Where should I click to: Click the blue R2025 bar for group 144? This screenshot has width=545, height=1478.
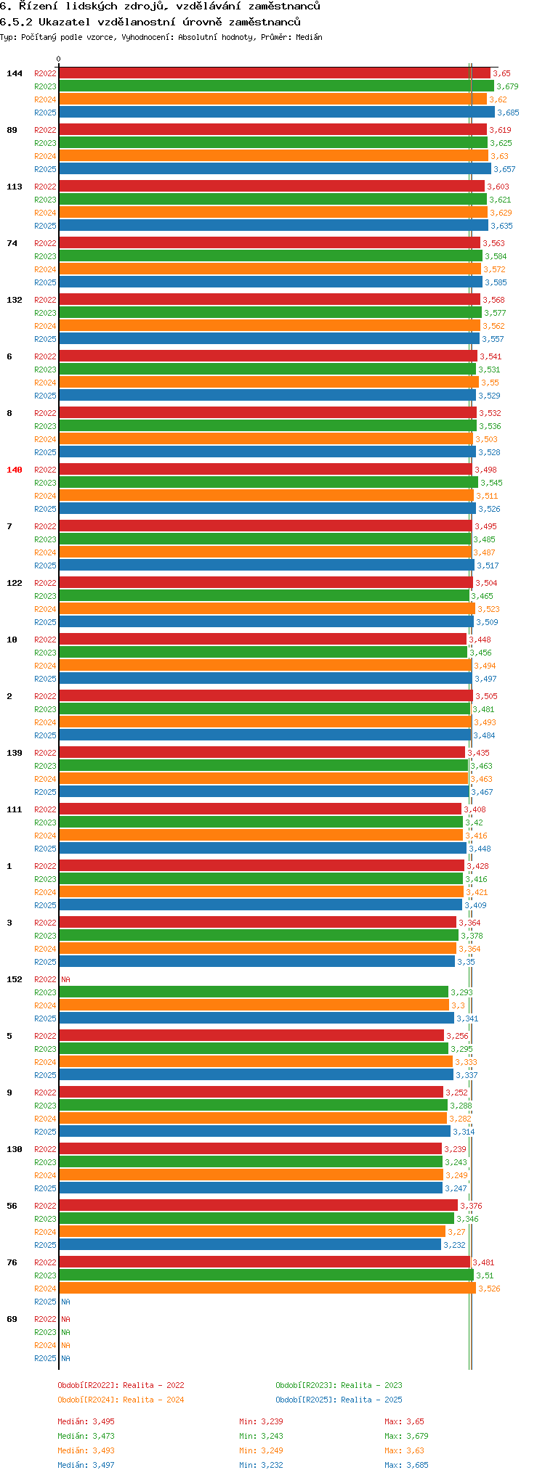click(x=276, y=113)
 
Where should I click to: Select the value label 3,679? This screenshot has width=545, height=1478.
click(x=507, y=86)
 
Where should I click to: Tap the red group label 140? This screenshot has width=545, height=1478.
click(x=15, y=470)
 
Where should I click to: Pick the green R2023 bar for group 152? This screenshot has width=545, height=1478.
click(x=253, y=992)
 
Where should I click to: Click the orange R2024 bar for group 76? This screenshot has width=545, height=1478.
click(x=267, y=1289)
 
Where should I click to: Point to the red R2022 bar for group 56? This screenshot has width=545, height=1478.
click(x=258, y=1206)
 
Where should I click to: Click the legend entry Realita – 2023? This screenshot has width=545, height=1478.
click(x=339, y=1385)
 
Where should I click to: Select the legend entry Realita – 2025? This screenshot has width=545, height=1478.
click(x=339, y=1400)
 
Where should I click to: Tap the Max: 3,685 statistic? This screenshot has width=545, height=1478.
click(x=406, y=1465)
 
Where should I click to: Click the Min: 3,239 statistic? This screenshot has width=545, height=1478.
click(x=261, y=1421)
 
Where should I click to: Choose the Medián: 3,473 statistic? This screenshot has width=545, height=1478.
click(x=86, y=1436)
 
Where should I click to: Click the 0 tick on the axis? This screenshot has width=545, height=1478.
click(x=59, y=60)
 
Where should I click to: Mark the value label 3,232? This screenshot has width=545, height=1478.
click(x=454, y=1245)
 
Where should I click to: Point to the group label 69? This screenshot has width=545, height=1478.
click(x=12, y=1319)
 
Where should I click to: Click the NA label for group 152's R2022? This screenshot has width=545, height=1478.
click(x=65, y=979)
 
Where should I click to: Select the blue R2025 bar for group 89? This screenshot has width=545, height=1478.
click(x=275, y=169)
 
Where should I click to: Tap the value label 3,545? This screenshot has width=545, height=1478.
click(x=491, y=483)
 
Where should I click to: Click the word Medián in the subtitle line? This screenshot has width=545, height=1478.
click(x=309, y=37)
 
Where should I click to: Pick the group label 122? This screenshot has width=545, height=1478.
click(x=15, y=583)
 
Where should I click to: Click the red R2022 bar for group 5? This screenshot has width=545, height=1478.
click(x=251, y=1036)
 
